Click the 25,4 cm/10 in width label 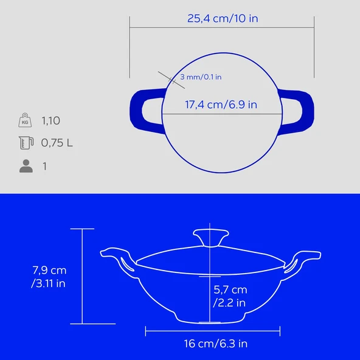click(x=222, y=18)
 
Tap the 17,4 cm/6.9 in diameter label click(x=221, y=105)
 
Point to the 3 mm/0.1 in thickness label click(x=201, y=77)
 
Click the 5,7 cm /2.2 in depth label click(x=230, y=296)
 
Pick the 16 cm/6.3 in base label click(x=215, y=344)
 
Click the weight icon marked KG click(x=24, y=120)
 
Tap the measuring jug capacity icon click(x=25, y=144)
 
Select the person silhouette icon click(x=26, y=166)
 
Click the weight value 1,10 click(x=51, y=120)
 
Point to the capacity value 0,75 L click(x=57, y=144)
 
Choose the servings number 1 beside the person click(x=44, y=166)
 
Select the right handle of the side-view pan click(x=300, y=258)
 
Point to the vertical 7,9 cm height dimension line click(x=82, y=276)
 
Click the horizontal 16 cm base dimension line click(x=213, y=331)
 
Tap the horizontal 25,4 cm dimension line click(x=222, y=27)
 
